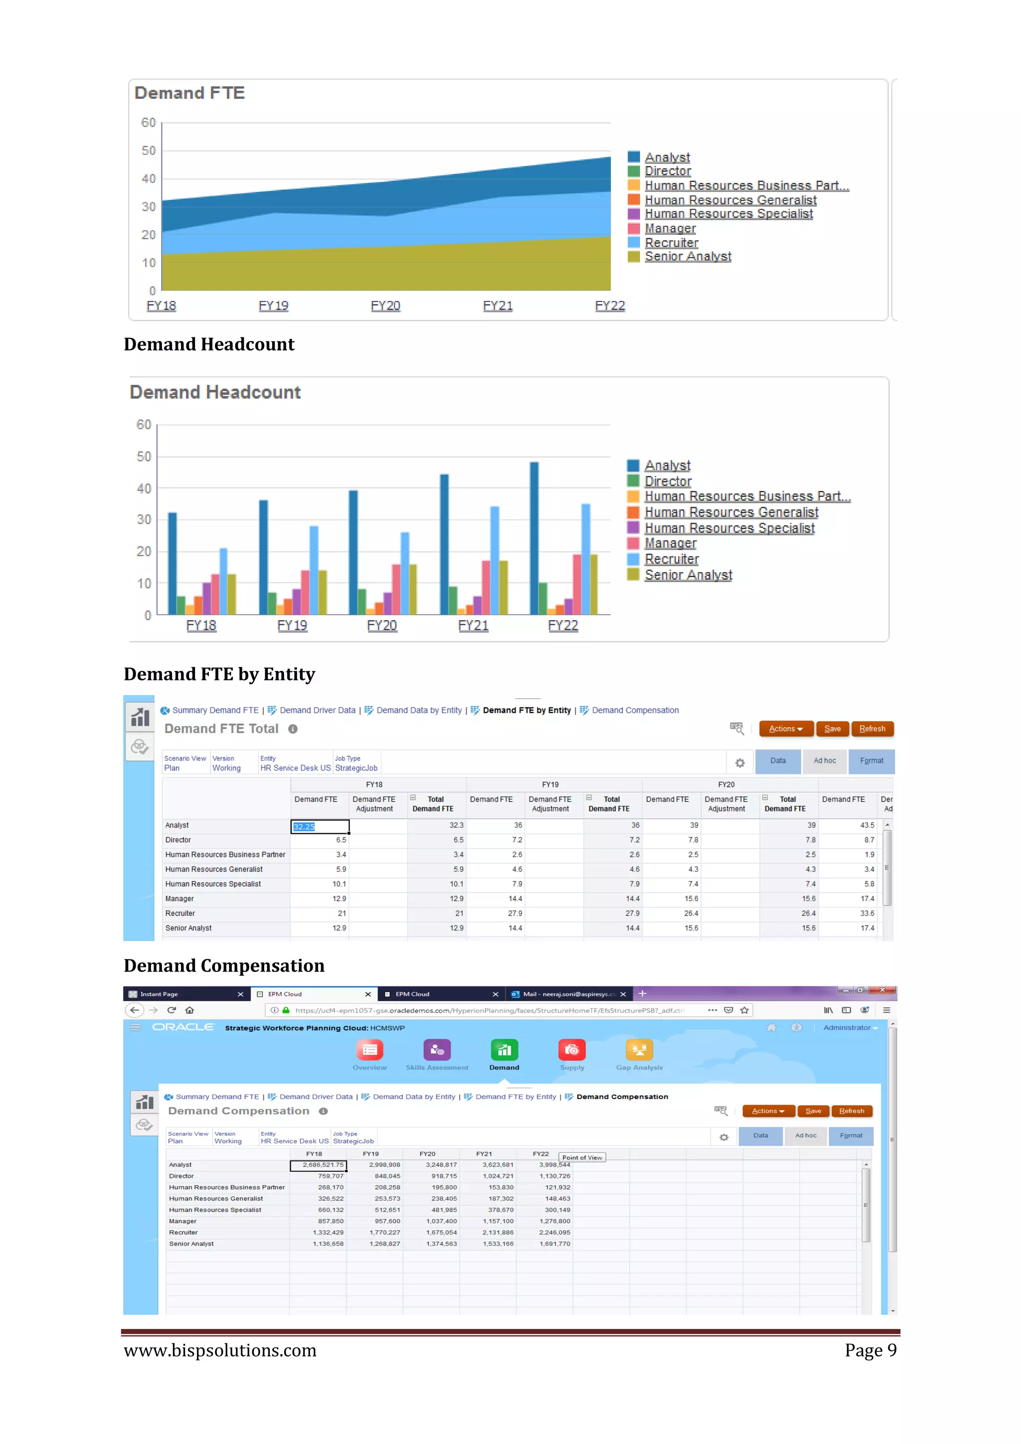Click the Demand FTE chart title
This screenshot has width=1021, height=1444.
coord(189,93)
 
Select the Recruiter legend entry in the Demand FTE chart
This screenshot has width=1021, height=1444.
coord(671,243)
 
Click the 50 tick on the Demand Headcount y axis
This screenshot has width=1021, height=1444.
coord(144,457)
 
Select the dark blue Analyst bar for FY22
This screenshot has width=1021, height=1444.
coord(534,538)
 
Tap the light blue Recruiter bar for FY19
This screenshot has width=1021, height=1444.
coord(314,570)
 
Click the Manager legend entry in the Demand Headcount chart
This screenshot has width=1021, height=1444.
coord(670,543)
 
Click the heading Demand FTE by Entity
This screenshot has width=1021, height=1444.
coord(219,674)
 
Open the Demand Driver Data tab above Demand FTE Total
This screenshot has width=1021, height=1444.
coord(317,710)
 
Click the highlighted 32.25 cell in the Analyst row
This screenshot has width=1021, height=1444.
coord(320,826)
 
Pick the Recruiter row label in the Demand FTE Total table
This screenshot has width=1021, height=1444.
coord(180,913)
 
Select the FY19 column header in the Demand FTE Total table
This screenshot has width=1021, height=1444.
coord(550,784)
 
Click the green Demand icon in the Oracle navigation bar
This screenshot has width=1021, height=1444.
coord(504,1050)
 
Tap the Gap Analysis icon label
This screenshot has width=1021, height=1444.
coord(639,1067)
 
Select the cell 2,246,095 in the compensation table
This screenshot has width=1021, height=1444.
coord(554,1233)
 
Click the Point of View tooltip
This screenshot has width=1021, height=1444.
coord(582,1157)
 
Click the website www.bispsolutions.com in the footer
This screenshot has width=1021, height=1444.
coord(220,1350)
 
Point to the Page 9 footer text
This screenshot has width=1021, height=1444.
coord(870,1350)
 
